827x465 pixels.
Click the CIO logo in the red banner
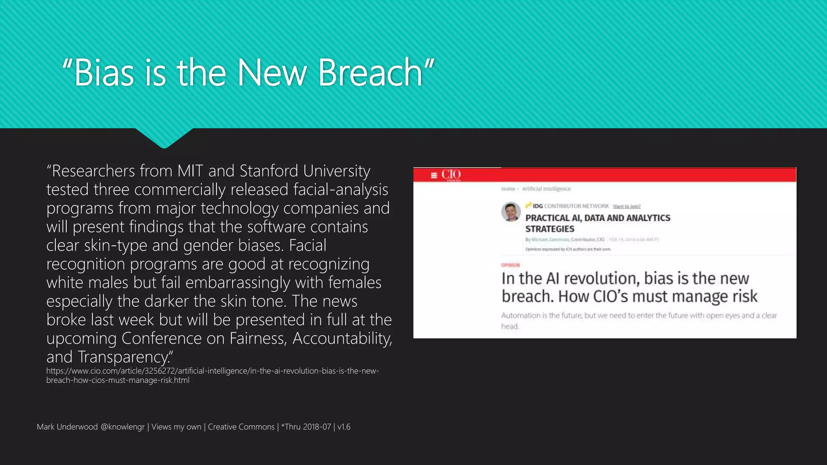coord(451,174)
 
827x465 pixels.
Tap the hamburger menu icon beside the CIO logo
coord(434,175)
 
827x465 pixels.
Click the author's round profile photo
coord(511,212)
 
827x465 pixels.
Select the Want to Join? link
coord(626,206)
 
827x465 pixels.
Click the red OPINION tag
coord(510,265)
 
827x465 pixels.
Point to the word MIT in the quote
coord(190,171)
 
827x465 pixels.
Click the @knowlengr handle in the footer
coord(122,427)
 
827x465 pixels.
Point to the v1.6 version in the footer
coord(344,427)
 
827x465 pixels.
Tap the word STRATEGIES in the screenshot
coord(549,229)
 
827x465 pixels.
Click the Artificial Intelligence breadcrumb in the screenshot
coord(546,189)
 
